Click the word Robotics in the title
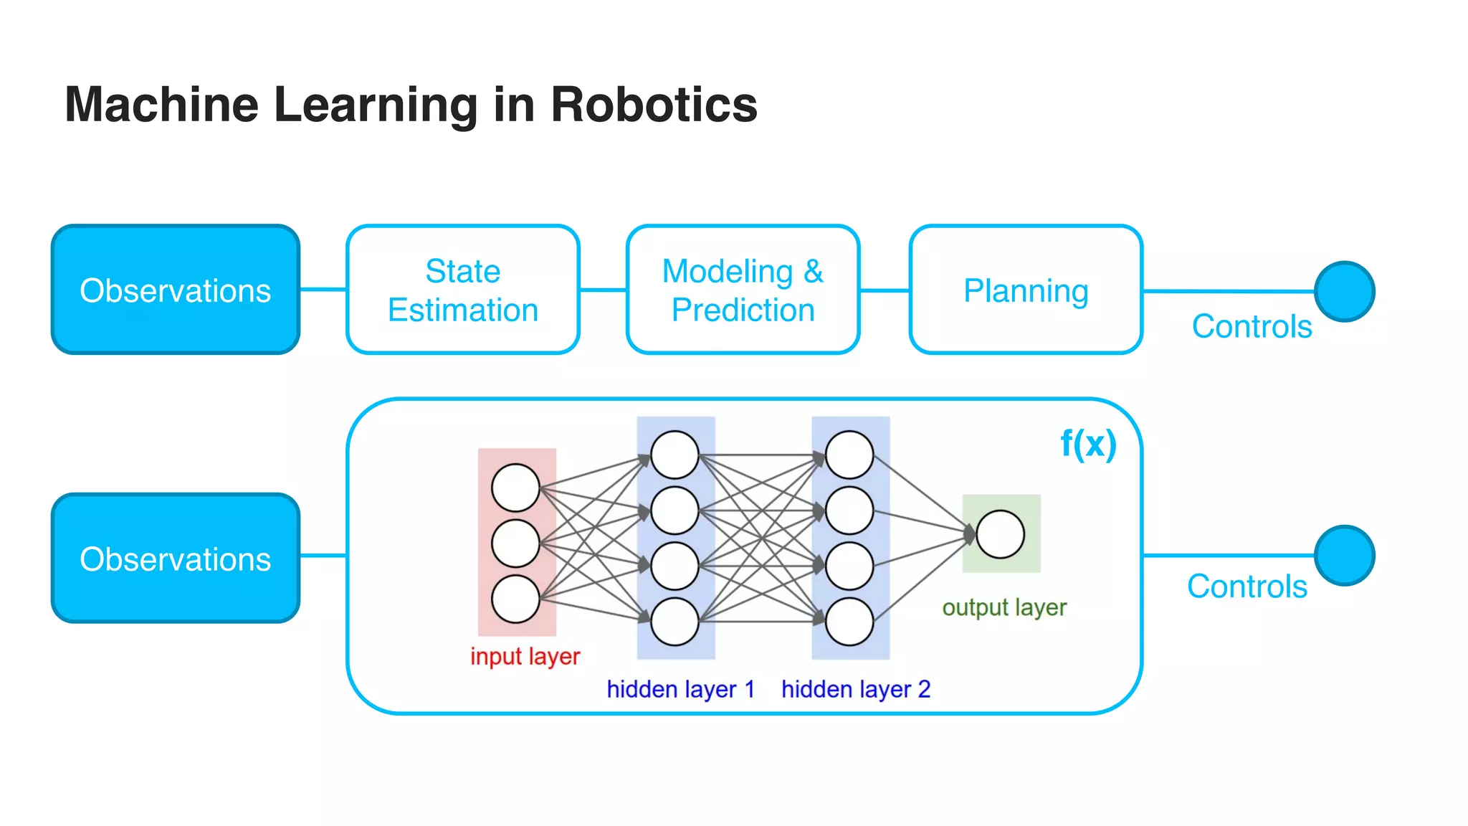click(x=653, y=105)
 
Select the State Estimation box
click(x=462, y=290)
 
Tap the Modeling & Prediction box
click(x=743, y=290)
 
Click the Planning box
click(x=1025, y=290)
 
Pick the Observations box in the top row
click(x=176, y=290)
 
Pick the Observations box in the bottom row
click(x=176, y=558)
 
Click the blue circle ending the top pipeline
click(x=1344, y=291)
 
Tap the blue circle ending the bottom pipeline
click(x=1344, y=556)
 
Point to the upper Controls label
click(x=1252, y=326)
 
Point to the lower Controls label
click(x=1247, y=587)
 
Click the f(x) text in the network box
click(x=1088, y=444)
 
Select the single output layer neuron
click(x=1000, y=534)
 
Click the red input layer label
click(x=525, y=656)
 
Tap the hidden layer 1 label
click(x=680, y=689)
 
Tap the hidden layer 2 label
click(x=855, y=689)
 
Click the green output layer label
click(x=1004, y=607)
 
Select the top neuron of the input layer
click(x=515, y=488)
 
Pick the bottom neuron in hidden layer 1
click(x=675, y=621)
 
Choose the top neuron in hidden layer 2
click(x=849, y=455)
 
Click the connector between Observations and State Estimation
click(x=323, y=290)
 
